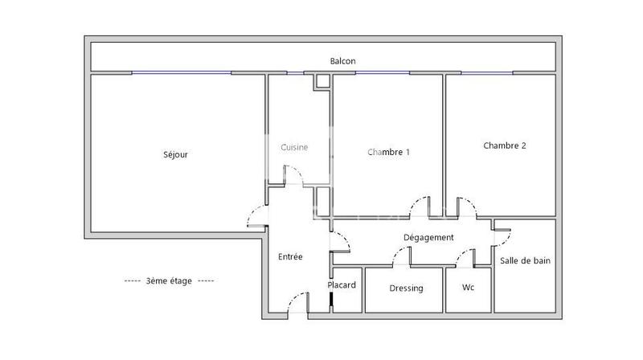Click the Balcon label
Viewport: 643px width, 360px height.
(x=342, y=61)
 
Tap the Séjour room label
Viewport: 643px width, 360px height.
(x=175, y=154)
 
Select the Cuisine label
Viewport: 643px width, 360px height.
(x=294, y=147)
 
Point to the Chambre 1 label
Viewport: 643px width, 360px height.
(x=389, y=152)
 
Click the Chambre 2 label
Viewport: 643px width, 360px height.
(x=505, y=145)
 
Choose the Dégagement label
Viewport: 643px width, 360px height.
(x=428, y=237)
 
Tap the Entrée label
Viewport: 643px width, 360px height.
(x=290, y=257)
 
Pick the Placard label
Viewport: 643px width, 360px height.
(x=342, y=284)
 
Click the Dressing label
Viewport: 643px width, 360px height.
(x=406, y=288)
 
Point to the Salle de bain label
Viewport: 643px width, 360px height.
(x=525, y=260)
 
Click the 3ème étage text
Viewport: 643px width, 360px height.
(x=169, y=281)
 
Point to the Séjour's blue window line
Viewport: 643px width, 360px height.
(x=182, y=73)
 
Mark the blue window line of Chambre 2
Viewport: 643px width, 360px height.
(x=489, y=73)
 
